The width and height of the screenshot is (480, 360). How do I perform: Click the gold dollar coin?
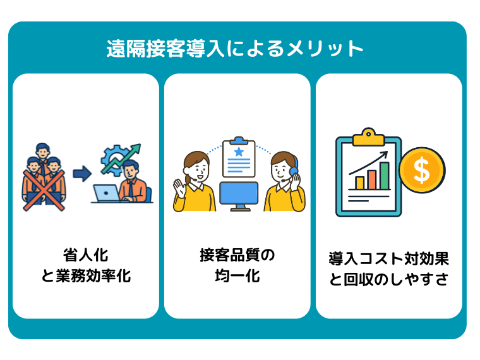(x=422, y=170)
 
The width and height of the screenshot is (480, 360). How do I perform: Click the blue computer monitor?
(x=238, y=195)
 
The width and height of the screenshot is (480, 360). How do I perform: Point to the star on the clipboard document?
(x=238, y=152)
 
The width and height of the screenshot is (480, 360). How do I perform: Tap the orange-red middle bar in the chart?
(x=372, y=179)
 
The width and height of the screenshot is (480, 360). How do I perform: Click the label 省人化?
(x=86, y=256)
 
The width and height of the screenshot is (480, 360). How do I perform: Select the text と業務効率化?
(x=86, y=276)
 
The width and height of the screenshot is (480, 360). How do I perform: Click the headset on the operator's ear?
(x=294, y=170)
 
